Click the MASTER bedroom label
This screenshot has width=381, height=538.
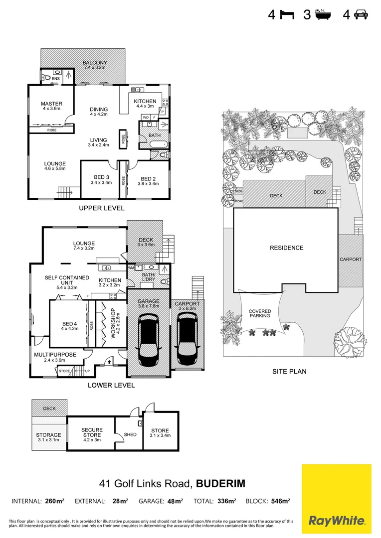[x=51, y=104]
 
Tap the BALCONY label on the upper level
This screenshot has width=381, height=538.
[x=95, y=63]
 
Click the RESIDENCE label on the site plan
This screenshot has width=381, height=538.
[x=286, y=248]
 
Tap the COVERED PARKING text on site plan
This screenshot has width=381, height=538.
[x=260, y=313]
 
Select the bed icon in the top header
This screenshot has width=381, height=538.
[x=287, y=15]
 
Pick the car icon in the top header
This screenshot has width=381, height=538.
[x=361, y=15]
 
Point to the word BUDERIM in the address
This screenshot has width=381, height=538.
[x=220, y=484]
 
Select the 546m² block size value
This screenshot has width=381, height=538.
[x=280, y=501]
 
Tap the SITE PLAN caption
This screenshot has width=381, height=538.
[x=289, y=371]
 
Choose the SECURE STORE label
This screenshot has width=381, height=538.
[x=92, y=433]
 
